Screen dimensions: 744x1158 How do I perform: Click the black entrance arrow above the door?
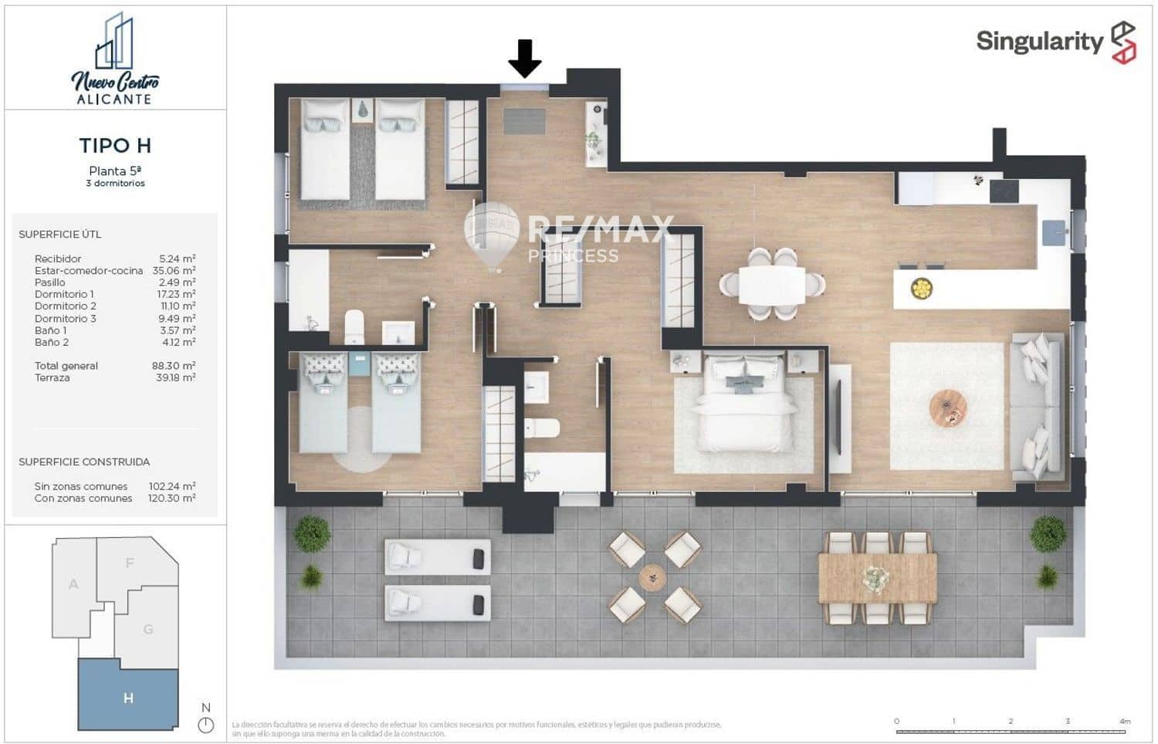coord(525,59)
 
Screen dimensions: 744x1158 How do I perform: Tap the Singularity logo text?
coord(1039,41)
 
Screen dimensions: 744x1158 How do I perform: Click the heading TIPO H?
coord(115,145)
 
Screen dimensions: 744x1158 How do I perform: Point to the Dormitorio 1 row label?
coord(64,294)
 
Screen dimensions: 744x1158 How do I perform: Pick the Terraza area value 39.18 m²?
coord(174,377)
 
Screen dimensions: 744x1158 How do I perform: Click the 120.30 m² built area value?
coord(171,499)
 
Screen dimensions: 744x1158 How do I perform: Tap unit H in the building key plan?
coord(128,698)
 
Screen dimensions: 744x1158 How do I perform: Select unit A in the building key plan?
coord(73,584)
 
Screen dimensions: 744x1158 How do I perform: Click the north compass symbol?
coord(205,725)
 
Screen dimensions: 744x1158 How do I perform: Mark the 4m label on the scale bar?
coord(1125,721)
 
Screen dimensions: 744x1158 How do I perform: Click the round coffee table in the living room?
coord(948,408)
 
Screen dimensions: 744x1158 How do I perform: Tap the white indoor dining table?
coord(771,285)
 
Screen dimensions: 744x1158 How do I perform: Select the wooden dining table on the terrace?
coord(878,578)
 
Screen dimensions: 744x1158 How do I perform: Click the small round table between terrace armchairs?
coord(652,577)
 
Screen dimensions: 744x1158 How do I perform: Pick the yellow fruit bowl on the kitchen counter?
coord(921,289)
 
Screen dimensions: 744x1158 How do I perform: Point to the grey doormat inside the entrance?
coord(524,121)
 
